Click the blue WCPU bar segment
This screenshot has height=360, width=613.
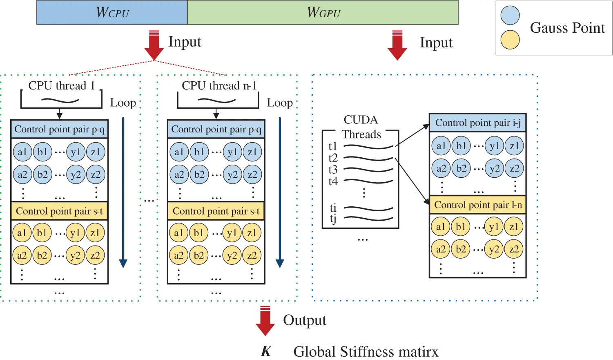tap(112, 12)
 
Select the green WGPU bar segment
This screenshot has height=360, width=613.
tap(323, 12)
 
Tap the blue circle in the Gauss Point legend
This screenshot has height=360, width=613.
tap(510, 16)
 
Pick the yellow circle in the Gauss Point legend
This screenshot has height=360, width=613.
tap(510, 40)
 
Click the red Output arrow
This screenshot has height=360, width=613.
tap(265, 321)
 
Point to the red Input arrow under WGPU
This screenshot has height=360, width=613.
tap(397, 45)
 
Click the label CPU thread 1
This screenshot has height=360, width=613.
tap(61, 86)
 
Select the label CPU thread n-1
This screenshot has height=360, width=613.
tap(219, 86)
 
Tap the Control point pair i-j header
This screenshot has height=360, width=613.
tap(477, 123)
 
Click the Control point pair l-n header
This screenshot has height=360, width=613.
tap(477, 205)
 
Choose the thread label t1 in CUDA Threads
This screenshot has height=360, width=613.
tap(333, 146)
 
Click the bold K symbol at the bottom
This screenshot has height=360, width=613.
tap(266, 351)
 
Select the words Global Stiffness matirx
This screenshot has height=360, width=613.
tap(366, 351)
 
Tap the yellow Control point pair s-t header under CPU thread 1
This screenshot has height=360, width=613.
tap(59, 211)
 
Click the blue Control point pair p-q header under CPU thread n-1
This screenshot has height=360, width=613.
tap(216, 129)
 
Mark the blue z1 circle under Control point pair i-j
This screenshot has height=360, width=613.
tap(514, 146)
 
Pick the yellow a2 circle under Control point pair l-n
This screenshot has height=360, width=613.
tap(441, 249)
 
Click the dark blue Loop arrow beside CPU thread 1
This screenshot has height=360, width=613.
tap(123, 192)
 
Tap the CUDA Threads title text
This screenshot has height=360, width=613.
tap(361, 127)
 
